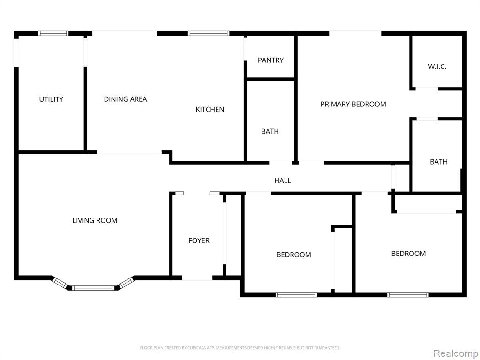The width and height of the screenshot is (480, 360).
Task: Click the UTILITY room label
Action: pos(51,99)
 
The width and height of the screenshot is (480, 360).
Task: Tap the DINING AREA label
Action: pos(126,99)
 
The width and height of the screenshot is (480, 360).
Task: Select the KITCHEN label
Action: pos(210,109)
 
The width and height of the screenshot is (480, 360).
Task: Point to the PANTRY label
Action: pos(270,60)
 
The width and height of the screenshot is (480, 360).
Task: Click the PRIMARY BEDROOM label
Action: pos(353,104)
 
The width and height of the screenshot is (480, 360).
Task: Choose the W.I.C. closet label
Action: pos(437,67)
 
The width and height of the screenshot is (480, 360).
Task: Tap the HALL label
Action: pos(283,180)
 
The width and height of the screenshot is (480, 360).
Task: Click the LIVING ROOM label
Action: pos(95,220)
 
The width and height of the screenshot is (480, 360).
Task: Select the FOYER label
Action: pos(199,240)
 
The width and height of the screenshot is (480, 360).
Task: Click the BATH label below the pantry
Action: pos(270,131)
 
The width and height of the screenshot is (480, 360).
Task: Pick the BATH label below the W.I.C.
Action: pos(439,162)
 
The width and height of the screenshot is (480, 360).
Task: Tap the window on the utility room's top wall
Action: pos(53,33)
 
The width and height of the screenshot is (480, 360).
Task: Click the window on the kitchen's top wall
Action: pos(209,33)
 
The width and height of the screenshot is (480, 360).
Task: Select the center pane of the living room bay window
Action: pos(93,288)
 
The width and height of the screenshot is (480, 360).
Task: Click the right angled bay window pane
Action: pos(127,282)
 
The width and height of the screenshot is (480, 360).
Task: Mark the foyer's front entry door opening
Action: pos(197,278)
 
